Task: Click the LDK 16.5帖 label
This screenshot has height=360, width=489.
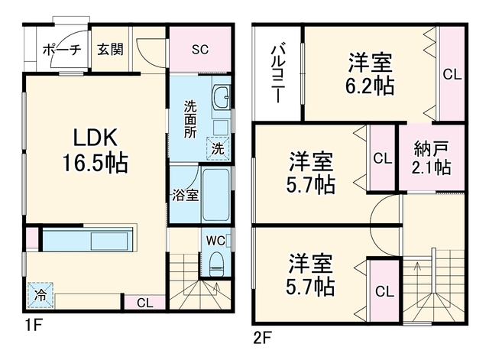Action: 96,150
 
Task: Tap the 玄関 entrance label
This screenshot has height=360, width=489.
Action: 110,49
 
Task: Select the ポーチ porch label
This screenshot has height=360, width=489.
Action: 62,50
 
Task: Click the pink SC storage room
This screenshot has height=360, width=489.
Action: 200,49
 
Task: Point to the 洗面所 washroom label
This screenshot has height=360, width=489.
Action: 190,119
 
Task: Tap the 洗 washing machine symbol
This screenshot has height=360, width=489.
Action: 218,149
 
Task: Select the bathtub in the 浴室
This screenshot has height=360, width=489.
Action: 216,195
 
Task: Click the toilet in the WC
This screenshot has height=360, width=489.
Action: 216,264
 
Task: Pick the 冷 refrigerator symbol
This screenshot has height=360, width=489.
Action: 40,295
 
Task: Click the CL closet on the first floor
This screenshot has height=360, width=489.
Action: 144,303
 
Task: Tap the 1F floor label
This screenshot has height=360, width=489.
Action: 34,326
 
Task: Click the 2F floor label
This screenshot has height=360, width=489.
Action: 262,338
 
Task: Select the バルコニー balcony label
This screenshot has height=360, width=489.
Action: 277,74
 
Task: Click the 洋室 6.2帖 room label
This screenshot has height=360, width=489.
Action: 370,73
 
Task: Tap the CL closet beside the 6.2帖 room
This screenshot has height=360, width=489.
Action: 452,74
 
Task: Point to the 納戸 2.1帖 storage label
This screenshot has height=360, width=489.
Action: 431,158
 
